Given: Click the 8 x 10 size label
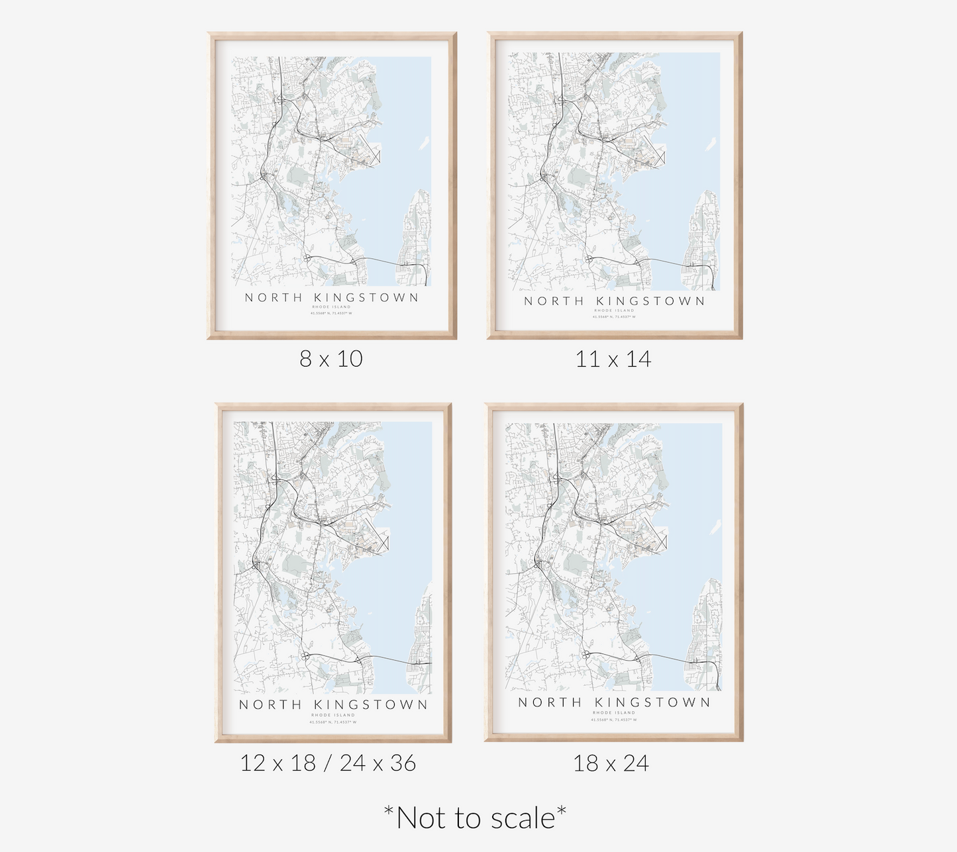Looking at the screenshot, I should pyautogui.click(x=331, y=359).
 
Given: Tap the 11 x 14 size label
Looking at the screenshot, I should pyautogui.click(x=613, y=359).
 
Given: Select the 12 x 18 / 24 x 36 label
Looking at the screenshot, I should pyautogui.click(x=328, y=763).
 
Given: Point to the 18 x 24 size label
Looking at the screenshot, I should pyautogui.click(x=611, y=763).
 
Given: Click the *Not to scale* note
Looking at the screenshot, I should pyautogui.click(x=475, y=818).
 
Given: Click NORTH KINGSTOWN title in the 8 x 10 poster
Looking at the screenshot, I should pyautogui.click(x=332, y=298).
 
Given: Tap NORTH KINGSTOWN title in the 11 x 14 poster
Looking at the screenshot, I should pyautogui.click(x=615, y=301).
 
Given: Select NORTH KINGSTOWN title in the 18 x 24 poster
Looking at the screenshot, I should pyautogui.click(x=614, y=702).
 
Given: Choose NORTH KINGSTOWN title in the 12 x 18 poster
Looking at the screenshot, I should pyautogui.click(x=333, y=705).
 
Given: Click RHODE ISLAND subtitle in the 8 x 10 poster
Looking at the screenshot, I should pyautogui.click(x=332, y=307).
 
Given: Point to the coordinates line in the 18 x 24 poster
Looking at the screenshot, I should pyautogui.click(x=614, y=720).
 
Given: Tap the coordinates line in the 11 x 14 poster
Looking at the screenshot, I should pyautogui.click(x=614, y=317).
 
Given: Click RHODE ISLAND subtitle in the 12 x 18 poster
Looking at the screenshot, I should pyautogui.click(x=333, y=715).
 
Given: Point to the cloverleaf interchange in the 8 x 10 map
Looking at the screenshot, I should pyautogui.click(x=308, y=258).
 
